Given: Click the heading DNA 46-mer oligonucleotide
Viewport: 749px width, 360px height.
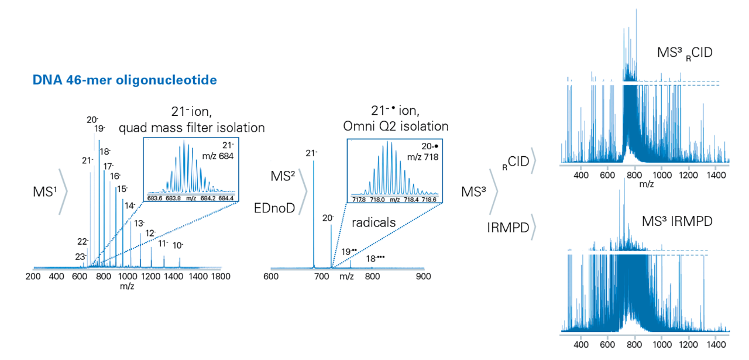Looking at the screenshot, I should [x=125, y=78].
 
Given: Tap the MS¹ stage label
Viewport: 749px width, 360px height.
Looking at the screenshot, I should [x=45, y=191].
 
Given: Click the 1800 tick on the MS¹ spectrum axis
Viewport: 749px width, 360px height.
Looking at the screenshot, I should [x=220, y=276].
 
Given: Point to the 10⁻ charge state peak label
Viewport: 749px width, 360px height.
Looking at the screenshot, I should [x=178, y=245].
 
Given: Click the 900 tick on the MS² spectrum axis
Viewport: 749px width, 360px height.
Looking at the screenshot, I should [x=423, y=276].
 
